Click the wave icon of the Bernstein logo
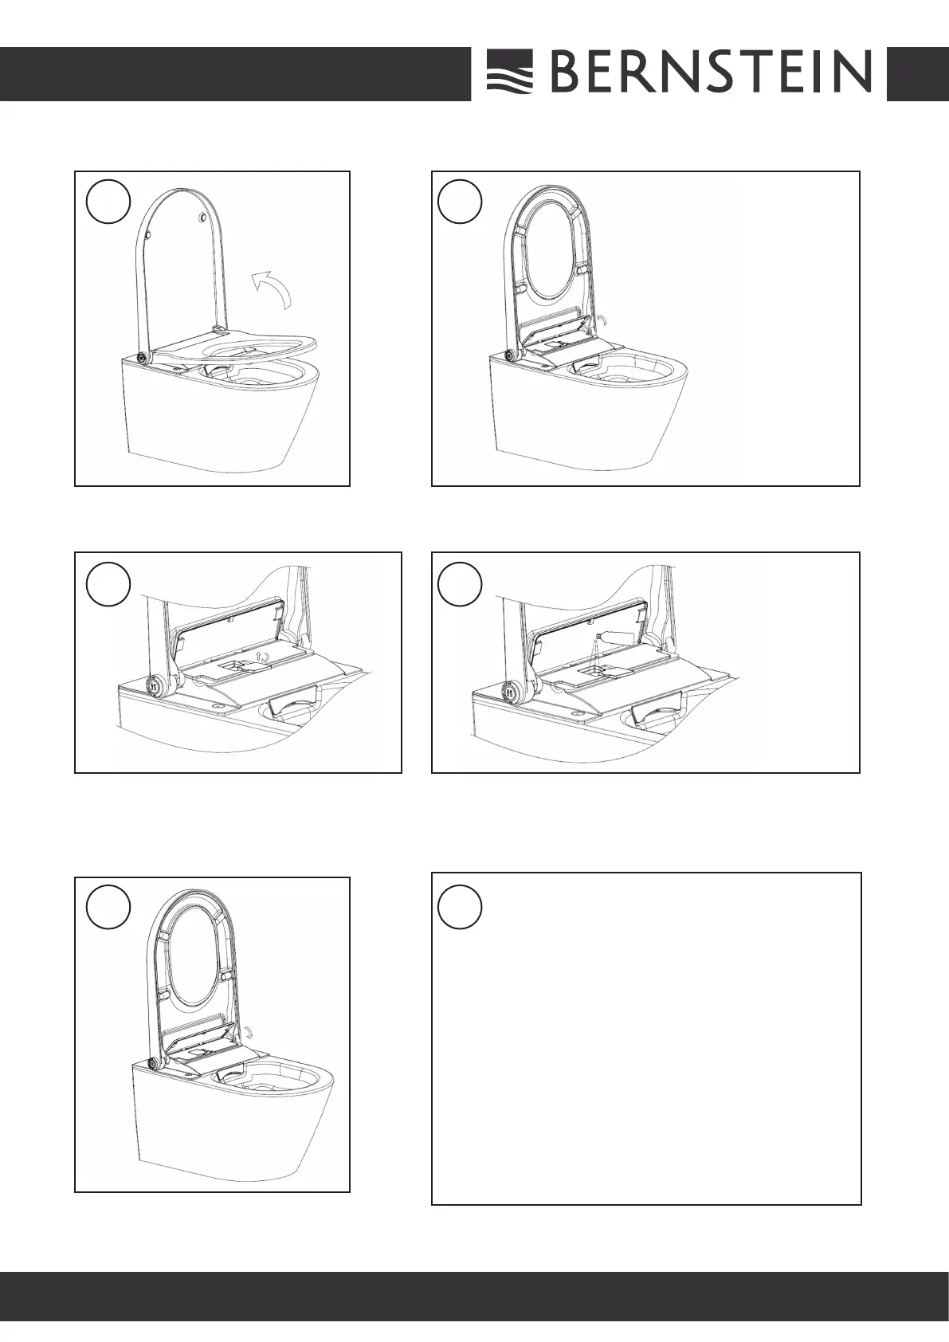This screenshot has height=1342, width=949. click(509, 72)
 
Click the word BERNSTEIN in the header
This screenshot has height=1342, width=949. click(711, 72)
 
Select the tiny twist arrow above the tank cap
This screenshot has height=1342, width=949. click(262, 657)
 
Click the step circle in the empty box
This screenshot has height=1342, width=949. click(460, 907)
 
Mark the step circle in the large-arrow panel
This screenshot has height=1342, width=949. click(108, 202)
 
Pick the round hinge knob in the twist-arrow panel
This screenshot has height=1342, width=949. click(155, 685)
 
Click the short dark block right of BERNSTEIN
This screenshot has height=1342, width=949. click(918, 74)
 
